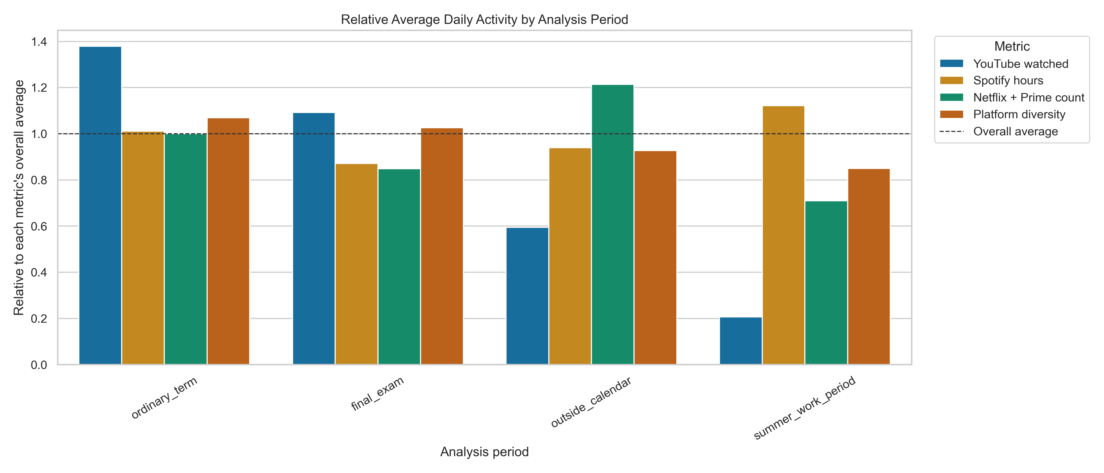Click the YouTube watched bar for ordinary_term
pos(100,206)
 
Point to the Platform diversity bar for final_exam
pos(442,246)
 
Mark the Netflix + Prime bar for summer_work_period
pos(826,283)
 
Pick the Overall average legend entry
pos(1015,132)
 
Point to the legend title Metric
pos(1011,46)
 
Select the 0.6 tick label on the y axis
pos(39,226)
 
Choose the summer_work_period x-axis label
pos(804,408)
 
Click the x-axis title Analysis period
pos(484,452)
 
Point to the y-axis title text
pos(19,198)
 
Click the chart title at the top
pos(484,20)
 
